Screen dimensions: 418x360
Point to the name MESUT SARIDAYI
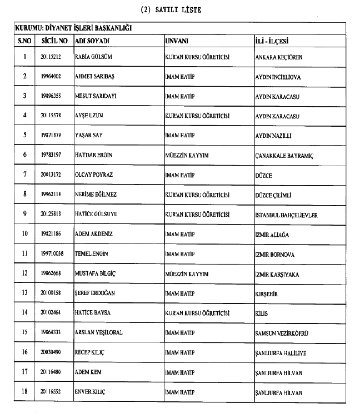(97, 96)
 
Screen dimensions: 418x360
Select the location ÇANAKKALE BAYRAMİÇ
(283, 156)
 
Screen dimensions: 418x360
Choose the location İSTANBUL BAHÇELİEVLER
(286, 215)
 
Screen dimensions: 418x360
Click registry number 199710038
(54, 255)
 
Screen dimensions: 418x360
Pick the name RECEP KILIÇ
(90, 352)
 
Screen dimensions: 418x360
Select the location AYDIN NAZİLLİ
(273, 136)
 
